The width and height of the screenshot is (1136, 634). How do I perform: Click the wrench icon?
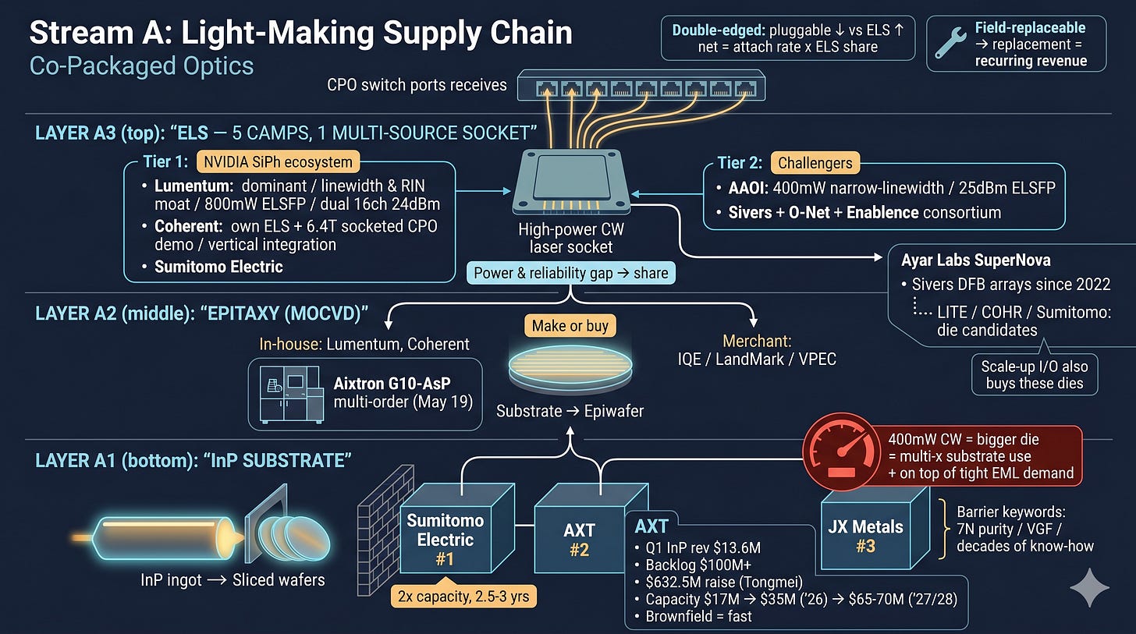[950, 43]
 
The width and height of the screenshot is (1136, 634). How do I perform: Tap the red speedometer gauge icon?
[841, 452]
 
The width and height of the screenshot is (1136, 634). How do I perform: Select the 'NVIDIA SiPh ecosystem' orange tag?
[278, 162]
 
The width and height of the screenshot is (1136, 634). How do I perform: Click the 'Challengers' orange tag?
[815, 163]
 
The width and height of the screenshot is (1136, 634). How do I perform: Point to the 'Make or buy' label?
[570, 326]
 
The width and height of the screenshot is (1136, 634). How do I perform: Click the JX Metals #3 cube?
[875, 528]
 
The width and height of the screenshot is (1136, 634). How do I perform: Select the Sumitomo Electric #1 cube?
[456, 528]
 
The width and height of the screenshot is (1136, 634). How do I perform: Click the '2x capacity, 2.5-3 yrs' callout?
[463, 596]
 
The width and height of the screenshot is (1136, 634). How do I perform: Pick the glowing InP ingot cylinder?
[162, 538]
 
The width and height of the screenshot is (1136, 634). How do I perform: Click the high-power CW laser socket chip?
[572, 182]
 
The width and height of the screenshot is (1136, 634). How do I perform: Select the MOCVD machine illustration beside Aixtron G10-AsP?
[291, 395]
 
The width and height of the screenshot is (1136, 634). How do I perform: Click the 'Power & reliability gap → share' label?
[570, 273]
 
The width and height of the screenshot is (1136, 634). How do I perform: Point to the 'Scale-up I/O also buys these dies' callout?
[1035, 374]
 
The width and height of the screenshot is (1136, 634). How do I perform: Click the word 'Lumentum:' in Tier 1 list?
[193, 186]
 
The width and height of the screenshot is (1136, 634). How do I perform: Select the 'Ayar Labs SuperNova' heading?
[976, 260]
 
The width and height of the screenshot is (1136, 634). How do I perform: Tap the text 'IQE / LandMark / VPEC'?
[757, 360]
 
